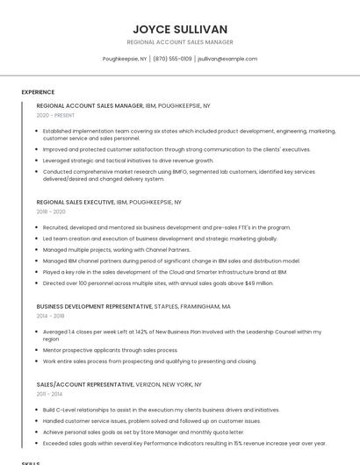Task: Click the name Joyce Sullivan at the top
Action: pyautogui.click(x=180, y=29)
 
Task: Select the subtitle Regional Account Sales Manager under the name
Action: pyautogui.click(x=180, y=42)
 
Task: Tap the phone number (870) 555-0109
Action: pyautogui.click(x=172, y=59)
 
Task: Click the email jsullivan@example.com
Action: pyautogui.click(x=227, y=59)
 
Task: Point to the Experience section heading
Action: pyautogui.click(x=38, y=92)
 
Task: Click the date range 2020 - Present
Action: pyautogui.click(x=55, y=115)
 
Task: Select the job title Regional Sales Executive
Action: pyautogui.click(x=76, y=202)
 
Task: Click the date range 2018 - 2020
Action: pyautogui.click(x=51, y=211)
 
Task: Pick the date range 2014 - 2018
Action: pyautogui.click(x=51, y=316)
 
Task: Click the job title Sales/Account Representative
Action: pyautogui.click(x=85, y=384)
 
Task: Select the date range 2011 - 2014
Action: pyautogui.click(x=49, y=394)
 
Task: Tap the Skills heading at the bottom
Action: pyautogui.click(x=31, y=462)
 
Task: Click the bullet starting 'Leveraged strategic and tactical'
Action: pyautogui.click(x=128, y=161)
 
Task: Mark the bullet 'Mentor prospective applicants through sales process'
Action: pyautogui.click(x=110, y=350)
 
